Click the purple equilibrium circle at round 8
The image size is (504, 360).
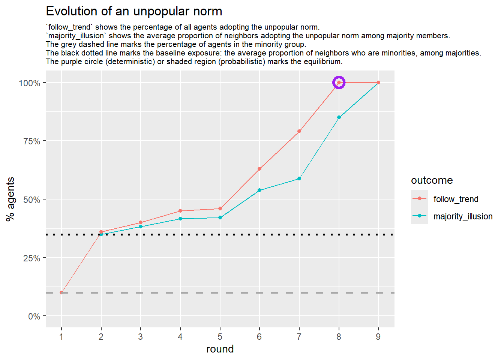(339, 82)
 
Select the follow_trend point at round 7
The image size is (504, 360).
(299, 131)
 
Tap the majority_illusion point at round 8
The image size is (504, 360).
(339, 117)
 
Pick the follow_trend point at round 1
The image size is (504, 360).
(61, 292)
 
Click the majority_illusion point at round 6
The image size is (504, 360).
(259, 190)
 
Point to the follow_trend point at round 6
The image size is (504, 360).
(259, 169)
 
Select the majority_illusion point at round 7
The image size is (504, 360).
(299, 178)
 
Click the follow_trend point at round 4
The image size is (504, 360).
(180, 211)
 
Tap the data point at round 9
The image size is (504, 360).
(378, 82)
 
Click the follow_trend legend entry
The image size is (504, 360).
(456, 199)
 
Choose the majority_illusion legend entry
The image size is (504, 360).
(463, 216)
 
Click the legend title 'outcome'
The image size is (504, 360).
(432, 180)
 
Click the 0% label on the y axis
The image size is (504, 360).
(34, 316)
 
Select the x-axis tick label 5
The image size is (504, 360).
(220, 337)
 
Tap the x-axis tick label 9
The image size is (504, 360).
(378, 337)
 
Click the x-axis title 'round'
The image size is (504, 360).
(220, 349)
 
